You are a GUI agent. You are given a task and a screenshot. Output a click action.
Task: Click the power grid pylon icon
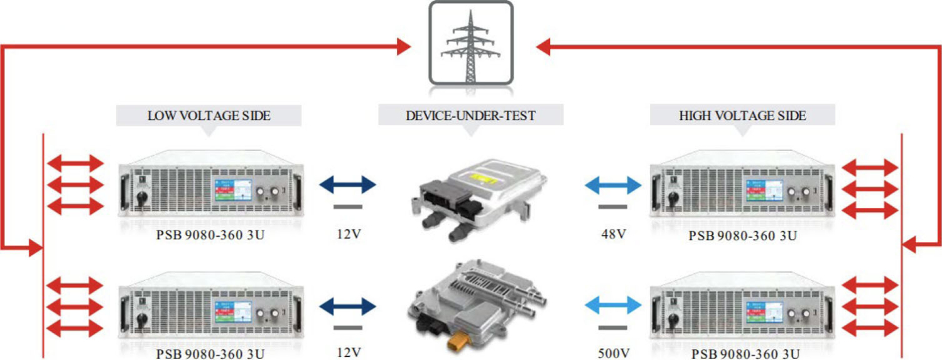coord(470,43)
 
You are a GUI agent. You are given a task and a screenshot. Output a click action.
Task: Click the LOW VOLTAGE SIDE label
coord(208,116)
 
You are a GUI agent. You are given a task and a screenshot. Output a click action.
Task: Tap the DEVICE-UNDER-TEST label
coord(470,116)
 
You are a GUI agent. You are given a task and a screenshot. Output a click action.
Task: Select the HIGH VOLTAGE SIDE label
coord(742,116)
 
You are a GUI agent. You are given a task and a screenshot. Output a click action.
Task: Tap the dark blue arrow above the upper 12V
coord(348,185)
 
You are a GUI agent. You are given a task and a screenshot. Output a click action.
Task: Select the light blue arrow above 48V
coord(613,185)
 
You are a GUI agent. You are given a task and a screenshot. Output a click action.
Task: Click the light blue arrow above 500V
coord(613,306)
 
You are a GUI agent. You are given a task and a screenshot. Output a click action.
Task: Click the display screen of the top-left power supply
coord(233,189)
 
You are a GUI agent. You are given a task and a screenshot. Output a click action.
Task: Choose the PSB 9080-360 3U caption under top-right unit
coord(743,236)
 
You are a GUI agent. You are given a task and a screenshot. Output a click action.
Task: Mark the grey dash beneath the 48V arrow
coord(613,207)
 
